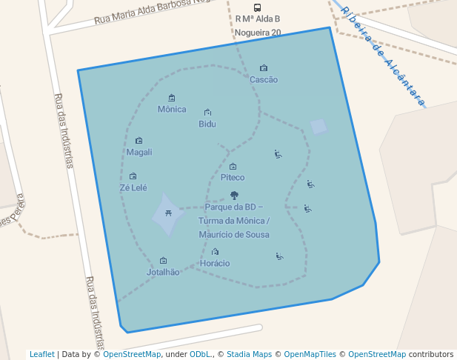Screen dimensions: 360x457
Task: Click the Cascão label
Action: (264, 79)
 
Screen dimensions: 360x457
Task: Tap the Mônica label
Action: (172, 109)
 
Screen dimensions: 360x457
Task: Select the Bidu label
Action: (207, 124)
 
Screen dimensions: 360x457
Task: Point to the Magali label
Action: (139, 152)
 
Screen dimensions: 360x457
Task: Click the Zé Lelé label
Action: (133, 187)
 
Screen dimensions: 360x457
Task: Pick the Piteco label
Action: (233, 177)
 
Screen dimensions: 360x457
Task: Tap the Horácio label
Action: (215, 263)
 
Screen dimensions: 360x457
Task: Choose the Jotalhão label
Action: (163, 272)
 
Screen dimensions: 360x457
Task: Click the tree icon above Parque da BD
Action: (234, 196)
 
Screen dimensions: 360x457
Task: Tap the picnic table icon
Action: (169, 213)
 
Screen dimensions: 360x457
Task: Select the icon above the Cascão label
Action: (264, 68)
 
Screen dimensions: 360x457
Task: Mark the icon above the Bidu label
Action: (207, 113)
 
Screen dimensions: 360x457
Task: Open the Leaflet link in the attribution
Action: (42, 354)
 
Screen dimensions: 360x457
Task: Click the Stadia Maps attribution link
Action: (249, 354)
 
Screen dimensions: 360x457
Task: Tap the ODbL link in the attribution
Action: (200, 354)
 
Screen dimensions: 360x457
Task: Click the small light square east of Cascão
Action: (318, 127)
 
